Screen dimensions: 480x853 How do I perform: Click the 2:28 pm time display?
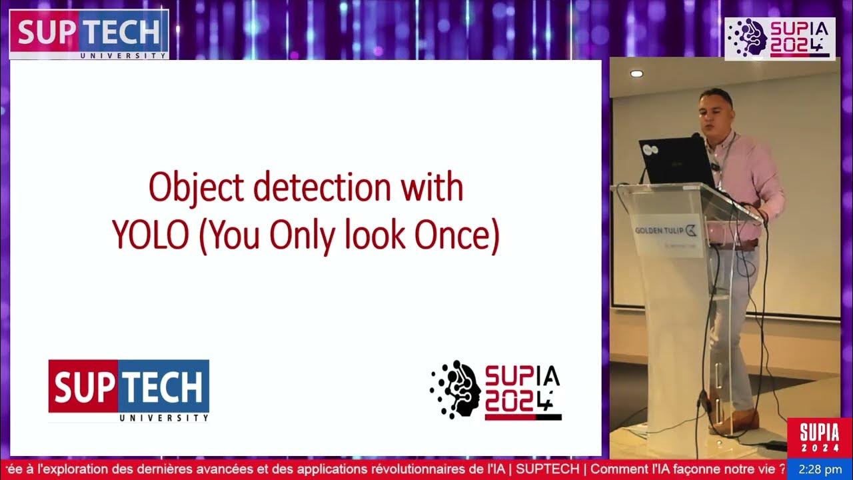pos(820,469)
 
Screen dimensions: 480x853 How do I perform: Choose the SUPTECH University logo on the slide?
pos(129,391)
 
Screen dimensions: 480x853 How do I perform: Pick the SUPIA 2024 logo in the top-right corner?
pos(780,39)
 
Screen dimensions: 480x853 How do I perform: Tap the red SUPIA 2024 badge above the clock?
pos(820,438)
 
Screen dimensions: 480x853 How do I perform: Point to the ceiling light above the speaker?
pos(636,73)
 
